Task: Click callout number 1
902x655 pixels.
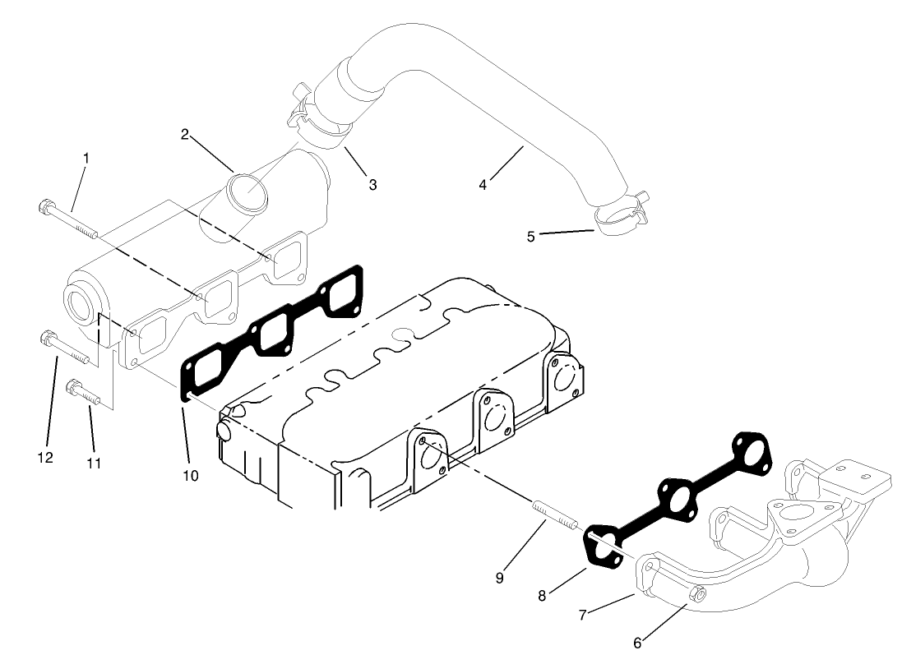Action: [x=86, y=157]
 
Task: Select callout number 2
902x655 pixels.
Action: [x=186, y=134]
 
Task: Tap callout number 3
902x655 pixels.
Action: [x=372, y=185]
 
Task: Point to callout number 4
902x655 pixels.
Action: [x=483, y=185]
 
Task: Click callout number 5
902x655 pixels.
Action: [x=531, y=237]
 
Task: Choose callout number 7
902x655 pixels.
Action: [x=581, y=614]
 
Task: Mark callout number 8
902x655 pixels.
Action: [x=541, y=596]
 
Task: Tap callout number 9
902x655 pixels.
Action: [x=500, y=578]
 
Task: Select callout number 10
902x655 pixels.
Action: [x=191, y=475]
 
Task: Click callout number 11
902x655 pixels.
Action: [x=94, y=464]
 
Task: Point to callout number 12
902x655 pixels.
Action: [x=45, y=457]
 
